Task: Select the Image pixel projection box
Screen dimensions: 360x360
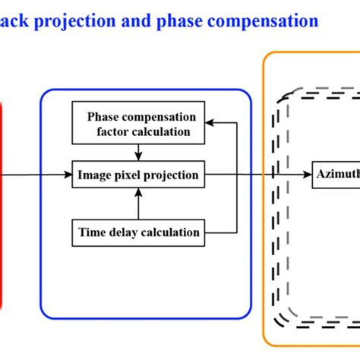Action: [138, 175]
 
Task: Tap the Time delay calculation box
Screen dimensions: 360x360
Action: [138, 232]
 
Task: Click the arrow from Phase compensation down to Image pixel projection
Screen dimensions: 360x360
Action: [138, 152]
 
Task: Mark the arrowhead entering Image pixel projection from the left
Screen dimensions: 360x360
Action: [68, 175]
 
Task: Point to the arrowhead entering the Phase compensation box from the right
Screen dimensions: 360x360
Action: [211, 121]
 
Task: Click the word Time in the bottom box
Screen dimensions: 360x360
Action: [92, 232]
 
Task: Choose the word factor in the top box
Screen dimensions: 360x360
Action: [106, 131]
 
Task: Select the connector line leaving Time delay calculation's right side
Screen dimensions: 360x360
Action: [220, 232]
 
